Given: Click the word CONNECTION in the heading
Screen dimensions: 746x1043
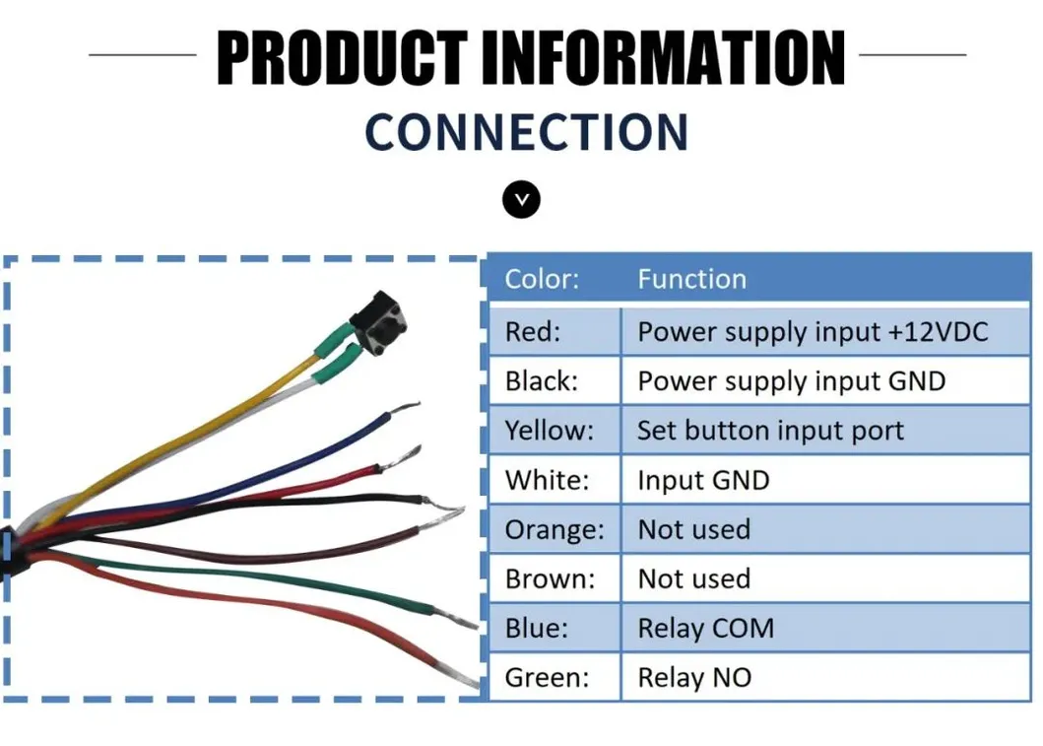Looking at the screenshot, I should point(526,133).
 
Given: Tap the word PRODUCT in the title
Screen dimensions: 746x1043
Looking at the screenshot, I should point(342,58).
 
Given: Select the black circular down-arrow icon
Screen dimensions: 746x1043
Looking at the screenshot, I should point(522,199).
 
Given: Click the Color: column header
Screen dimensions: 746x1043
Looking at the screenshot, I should point(542,279).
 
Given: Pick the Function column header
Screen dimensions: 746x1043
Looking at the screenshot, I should point(691,279).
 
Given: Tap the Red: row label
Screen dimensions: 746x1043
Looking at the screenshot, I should point(532,332).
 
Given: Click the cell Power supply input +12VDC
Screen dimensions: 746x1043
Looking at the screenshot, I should point(812,332).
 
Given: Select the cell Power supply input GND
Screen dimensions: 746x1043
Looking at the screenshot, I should point(791,381).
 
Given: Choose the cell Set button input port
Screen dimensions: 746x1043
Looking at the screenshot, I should point(770,431).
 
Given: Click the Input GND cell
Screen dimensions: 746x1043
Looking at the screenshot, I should point(703,480).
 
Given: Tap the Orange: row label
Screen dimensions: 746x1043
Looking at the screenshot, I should point(554,529).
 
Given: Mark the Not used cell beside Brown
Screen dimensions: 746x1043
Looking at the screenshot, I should point(693,578).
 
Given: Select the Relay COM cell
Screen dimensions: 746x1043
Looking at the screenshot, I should point(705,628).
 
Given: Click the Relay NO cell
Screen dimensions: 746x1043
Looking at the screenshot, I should point(694,678).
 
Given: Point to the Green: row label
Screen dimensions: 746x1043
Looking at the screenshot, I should point(547,678).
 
